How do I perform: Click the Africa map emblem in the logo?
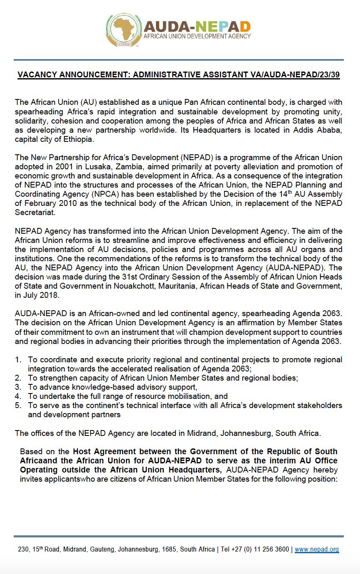click(123, 30)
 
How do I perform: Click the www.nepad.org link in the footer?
click(317, 549)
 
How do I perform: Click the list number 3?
click(18, 387)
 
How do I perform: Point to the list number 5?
click(18, 405)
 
